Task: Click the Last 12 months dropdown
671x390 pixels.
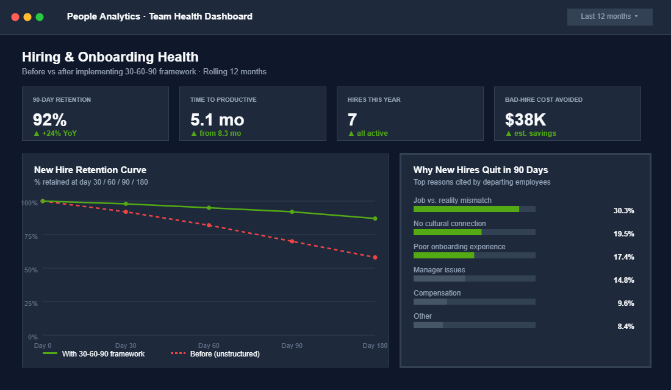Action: pos(609,16)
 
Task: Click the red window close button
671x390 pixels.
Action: pos(15,17)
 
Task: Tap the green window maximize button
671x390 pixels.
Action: pos(40,17)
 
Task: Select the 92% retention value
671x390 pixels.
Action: pos(50,119)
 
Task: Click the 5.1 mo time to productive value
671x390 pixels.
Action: pos(217,119)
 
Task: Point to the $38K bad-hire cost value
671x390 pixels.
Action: pos(525,119)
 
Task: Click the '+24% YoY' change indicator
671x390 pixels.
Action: pos(55,133)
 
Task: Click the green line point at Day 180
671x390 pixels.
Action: pos(375,218)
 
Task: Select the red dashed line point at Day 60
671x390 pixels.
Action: pos(209,225)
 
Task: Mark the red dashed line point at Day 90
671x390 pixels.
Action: pos(292,241)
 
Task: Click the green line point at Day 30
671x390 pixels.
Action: pos(126,204)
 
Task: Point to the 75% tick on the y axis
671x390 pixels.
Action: pos(30,236)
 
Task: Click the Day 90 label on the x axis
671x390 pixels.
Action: pos(292,346)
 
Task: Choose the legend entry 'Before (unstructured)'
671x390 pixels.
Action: pos(224,354)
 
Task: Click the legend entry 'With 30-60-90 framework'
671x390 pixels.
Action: pos(102,354)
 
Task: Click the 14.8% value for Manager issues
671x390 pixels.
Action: pos(623,280)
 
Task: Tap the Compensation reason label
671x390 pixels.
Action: pos(437,293)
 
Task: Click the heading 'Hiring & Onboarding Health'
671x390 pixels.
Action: pos(110,57)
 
